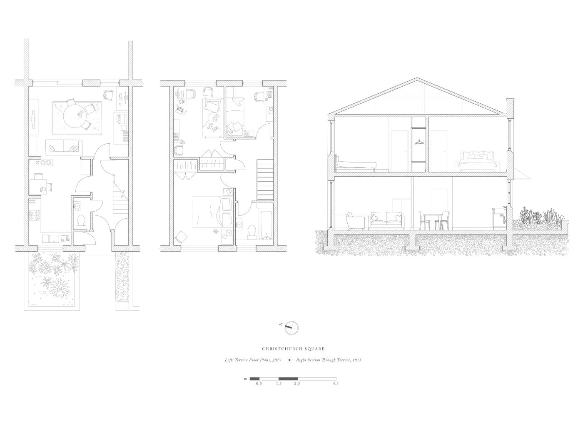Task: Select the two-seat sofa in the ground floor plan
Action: point(64,147)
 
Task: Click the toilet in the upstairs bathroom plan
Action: point(252,232)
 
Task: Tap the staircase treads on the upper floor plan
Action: point(265,180)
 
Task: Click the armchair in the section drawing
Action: point(355,221)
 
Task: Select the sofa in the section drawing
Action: point(386,221)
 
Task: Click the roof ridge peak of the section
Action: point(417,78)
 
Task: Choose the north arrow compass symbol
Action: point(291,328)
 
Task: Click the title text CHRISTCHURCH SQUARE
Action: point(293,349)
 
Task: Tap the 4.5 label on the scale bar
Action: point(336,384)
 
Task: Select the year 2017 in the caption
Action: point(277,360)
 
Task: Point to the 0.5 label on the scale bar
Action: point(259,384)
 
